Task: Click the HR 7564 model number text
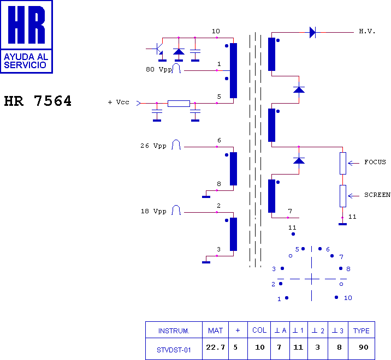[x=38, y=101]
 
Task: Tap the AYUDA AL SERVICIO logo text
[x=26, y=61]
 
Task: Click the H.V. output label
[x=367, y=32]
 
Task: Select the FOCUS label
[x=375, y=162]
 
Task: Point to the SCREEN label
[x=377, y=195]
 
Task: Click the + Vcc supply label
[x=119, y=102]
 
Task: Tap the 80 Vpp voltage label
[x=159, y=69]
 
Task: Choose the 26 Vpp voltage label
[x=153, y=146]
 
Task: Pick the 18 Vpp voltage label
[x=153, y=211]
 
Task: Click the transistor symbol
[x=158, y=49]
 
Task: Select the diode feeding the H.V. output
[x=312, y=32]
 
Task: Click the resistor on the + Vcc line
[x=179, y=104]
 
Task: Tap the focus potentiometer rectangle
[x=343, y=164]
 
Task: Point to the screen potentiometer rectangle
[x=343, y=196]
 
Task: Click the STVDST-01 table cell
[x=174, y=350]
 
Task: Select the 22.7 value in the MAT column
[x=216, y=347]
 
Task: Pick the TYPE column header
[x=362, y=331]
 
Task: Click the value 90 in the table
[x=363, y=347]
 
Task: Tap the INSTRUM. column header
[x=174, y=331]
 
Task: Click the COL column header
[x=259, y=330]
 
